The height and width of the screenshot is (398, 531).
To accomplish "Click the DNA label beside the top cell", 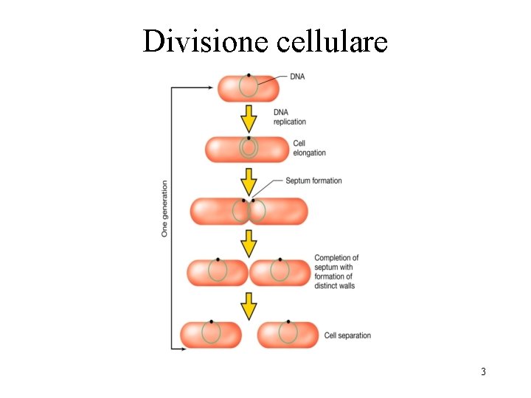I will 297,76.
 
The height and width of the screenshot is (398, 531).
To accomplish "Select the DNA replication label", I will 289,116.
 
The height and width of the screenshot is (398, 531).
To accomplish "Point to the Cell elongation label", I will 309,147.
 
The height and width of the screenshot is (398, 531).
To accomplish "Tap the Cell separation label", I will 347,335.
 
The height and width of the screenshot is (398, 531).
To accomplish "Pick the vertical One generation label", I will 164,209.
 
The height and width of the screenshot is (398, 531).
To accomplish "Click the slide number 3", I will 483,371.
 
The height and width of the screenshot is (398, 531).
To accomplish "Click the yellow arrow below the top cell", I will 249,118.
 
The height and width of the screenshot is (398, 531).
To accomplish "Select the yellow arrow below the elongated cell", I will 249,181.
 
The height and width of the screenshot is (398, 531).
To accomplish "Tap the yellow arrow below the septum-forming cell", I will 249,242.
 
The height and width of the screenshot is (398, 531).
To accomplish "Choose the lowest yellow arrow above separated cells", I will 249,305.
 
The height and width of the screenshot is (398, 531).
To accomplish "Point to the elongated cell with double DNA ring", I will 248,150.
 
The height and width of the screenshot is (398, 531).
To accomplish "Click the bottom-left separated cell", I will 211,335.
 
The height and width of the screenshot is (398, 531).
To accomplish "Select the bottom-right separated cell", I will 288,335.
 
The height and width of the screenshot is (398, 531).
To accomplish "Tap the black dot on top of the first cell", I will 249,75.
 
